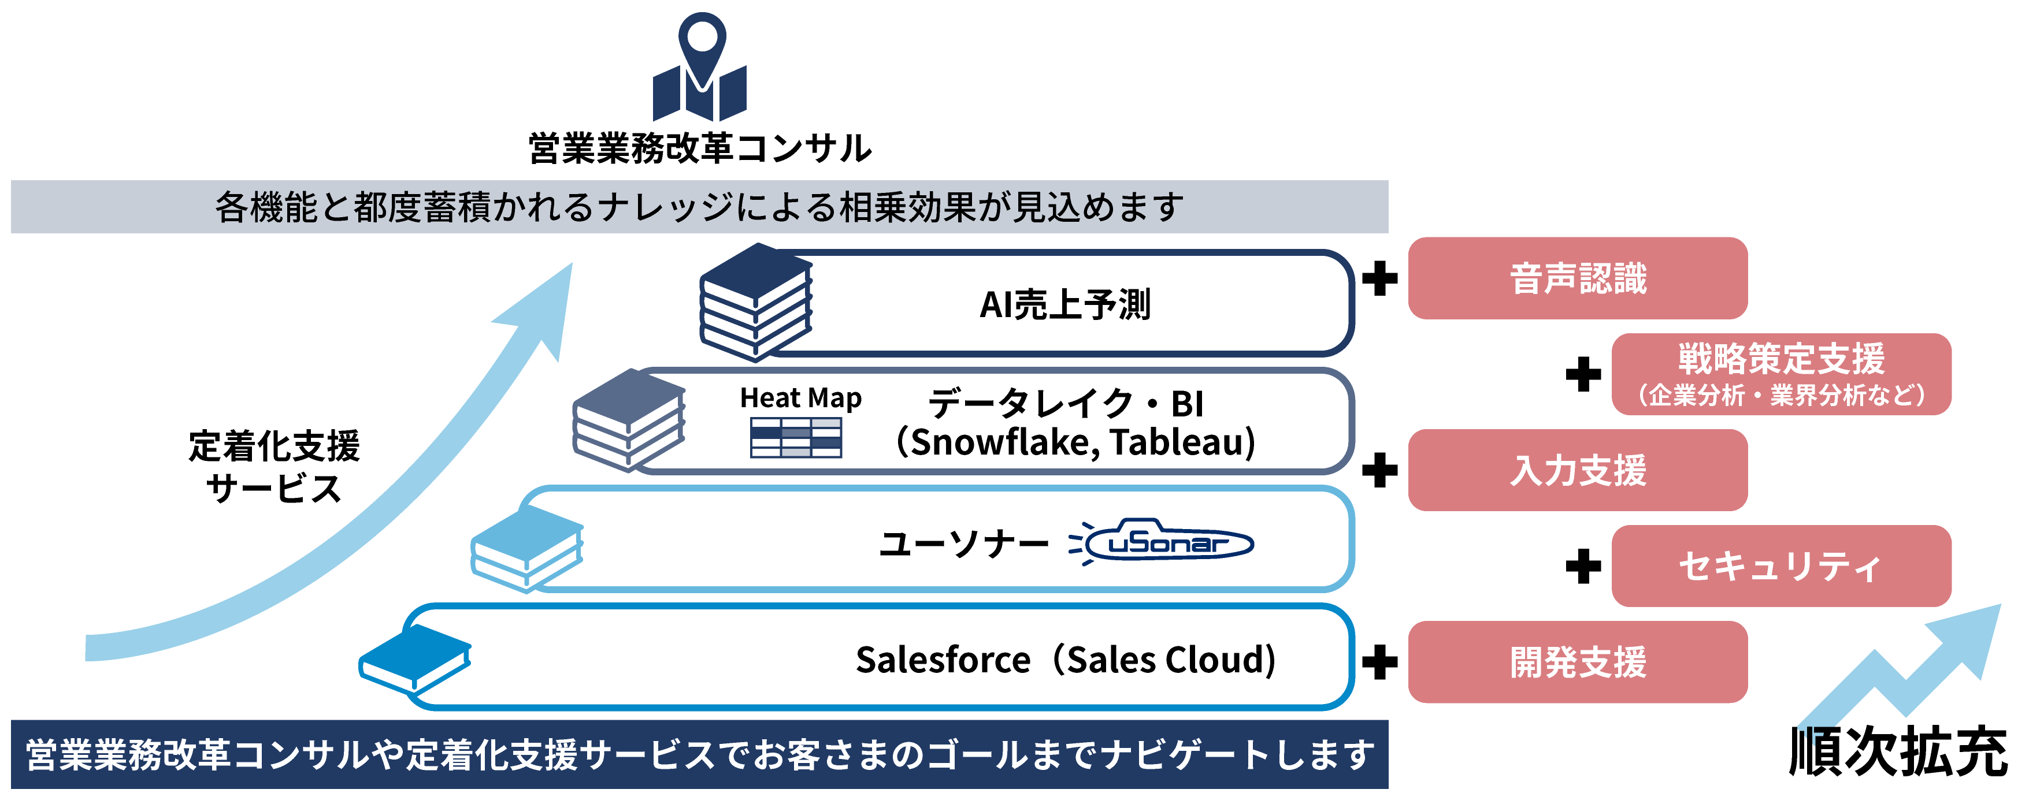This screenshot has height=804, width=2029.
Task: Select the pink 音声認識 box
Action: [x=1577, y=278]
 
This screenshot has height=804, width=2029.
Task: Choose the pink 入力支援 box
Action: [x=1577, y=470]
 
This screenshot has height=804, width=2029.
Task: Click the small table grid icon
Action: [x=796, y=438]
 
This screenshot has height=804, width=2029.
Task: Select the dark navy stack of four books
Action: [x=755, y=303]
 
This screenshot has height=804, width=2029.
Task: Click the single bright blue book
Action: [x=414, y=659]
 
